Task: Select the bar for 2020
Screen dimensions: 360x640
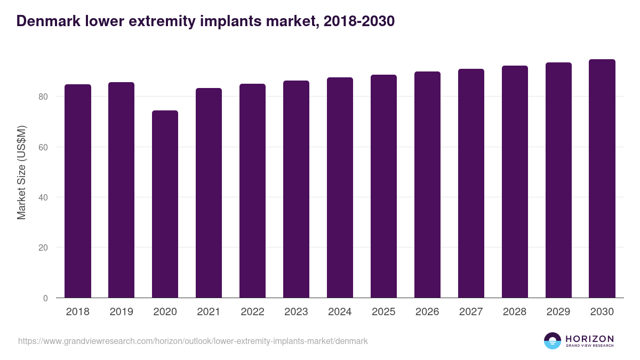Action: pyautogui.click(x=165, y=204)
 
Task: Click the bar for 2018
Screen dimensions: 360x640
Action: pyautogui.click(x=78, y=191)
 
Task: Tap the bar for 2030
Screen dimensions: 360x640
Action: pyautogui.click(x=602, y=179)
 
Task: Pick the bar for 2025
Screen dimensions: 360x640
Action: pyautogui.click(x=383, y=186)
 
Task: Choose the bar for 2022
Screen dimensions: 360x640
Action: pyautogui.click(x=252, y=191)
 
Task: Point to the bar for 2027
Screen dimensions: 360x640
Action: pyautogui.click(x=471, y=183)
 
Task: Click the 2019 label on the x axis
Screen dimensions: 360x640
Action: pyautogui.click(x=122, y=312)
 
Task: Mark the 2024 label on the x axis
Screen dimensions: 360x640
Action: pyautogui.click(x=340, y=312)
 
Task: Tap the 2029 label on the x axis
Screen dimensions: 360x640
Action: pyautogui.click(x=558, y=312)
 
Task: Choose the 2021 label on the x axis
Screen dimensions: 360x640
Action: pyautogui.click(x=209, y=312)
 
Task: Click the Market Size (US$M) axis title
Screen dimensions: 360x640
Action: pyautogui.click(x=21, y=172)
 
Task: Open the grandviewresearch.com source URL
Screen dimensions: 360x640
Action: pyautogui.click(x=193, y=341)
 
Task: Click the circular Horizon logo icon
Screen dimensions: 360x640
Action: pyautogui.click(x=553, y=341)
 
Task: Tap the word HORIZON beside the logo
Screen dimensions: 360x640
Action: pyautogui.click(x=589, y=338)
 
